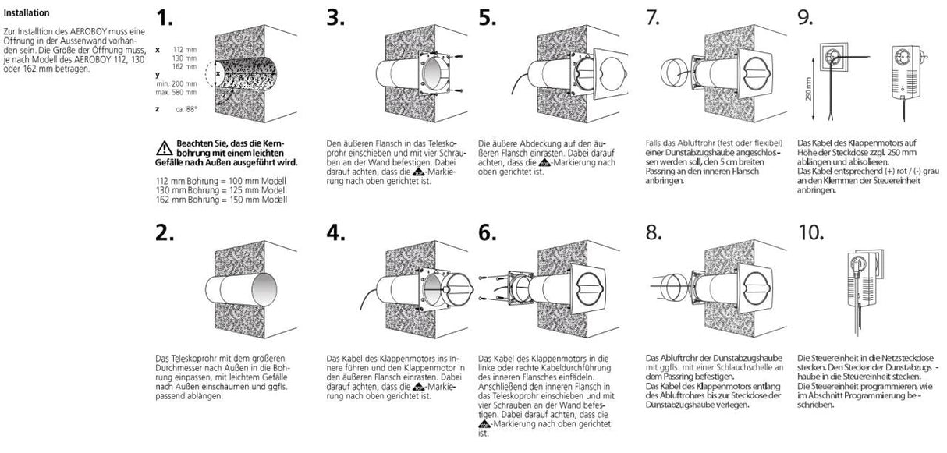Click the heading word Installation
[27, 13]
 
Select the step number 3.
[336, 19]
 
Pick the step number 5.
[488, 19]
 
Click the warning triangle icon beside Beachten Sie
[164, 147]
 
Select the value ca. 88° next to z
[186, 109]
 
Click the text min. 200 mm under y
[176, 83]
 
